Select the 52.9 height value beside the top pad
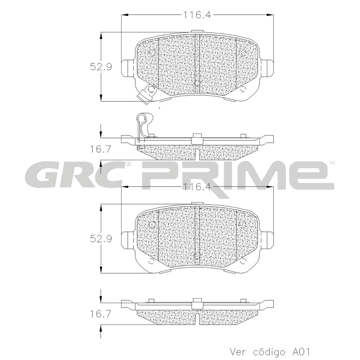(101, 67)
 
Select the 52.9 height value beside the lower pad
(101, 238)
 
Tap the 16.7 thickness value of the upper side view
(100, 149)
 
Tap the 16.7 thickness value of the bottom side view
(100, 314)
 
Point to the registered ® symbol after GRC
(128, 164)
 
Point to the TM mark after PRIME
(332, 163)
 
